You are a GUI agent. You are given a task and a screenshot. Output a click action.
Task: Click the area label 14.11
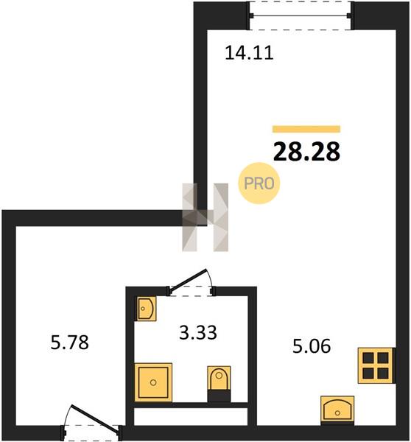[249, 53]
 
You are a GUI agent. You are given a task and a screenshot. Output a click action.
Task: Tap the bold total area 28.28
[306, 152]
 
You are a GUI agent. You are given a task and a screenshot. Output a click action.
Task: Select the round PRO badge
[259, 183]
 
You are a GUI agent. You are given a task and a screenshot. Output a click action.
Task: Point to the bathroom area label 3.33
[198, 332]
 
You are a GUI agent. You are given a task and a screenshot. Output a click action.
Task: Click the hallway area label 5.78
[70, 343]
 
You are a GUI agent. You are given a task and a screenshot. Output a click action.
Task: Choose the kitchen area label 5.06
[312, 346]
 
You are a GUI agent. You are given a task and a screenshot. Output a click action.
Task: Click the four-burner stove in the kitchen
[376, 365]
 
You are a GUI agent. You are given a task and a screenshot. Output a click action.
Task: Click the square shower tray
[153, 382]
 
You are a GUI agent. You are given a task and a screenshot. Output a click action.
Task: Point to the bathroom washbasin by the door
[146, 309]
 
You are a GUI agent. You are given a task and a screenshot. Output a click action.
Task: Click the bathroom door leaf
[189, 280]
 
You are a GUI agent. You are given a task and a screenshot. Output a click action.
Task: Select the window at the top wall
[301, 15]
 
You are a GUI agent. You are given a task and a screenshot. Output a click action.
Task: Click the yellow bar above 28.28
[306, 129]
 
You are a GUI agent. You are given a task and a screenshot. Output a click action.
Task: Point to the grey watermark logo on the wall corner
[205, 217]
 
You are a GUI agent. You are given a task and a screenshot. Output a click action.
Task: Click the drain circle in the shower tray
[153, 382]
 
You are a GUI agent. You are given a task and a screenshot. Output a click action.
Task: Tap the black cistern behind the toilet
[219, 396]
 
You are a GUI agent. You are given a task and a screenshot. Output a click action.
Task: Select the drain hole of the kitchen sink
[337, 413]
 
